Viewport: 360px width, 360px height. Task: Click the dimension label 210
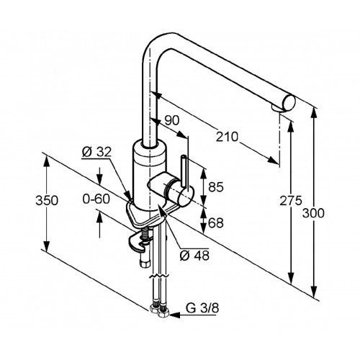(x=227, y=137)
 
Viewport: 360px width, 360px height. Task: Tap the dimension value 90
(x=172, y=120)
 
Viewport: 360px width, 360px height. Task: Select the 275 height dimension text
(x=291, y=201)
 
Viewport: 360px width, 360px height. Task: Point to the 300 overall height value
(x=313, y=213)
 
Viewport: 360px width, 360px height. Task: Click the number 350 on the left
(x=47, y=200)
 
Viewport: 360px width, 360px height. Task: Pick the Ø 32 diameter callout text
(x=96, y=152)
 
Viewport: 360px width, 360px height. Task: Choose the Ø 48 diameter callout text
(x=194, y=256)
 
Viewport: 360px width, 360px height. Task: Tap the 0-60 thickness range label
(x=96, y=199)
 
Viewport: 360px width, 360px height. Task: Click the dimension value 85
(x=216, y=187)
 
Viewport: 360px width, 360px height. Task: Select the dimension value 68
(x=216, y=222)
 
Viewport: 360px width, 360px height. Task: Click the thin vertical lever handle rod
(x=184, y=171)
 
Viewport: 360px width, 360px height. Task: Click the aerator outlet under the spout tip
(x=276, y=108)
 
